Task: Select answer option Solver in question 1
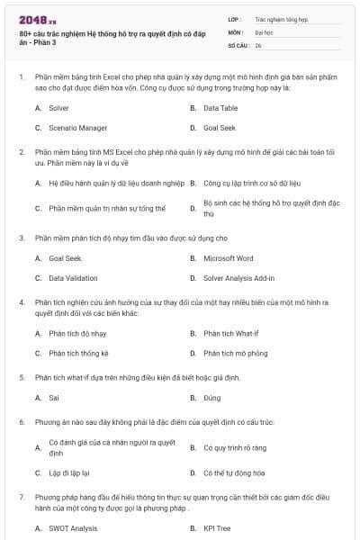click(58, 107)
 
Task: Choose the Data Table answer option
click(220, 107)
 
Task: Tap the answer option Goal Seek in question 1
click(220, 128)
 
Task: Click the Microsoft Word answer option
click(229, 258)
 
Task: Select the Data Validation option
click(73, 278)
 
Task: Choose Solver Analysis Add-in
click(239, 278)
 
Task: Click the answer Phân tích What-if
click(231, 333)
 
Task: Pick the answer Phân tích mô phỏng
click(237, 354)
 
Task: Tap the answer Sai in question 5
click(54, 397)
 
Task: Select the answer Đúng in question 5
click(212, 397)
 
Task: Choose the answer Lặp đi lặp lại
click(68, 472)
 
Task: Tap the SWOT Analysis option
click(73, 528)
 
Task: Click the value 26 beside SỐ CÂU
click(258, 44)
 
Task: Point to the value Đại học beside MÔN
click(264, 31)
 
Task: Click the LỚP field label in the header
click(235, 18)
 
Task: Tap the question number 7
click(21, 496)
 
